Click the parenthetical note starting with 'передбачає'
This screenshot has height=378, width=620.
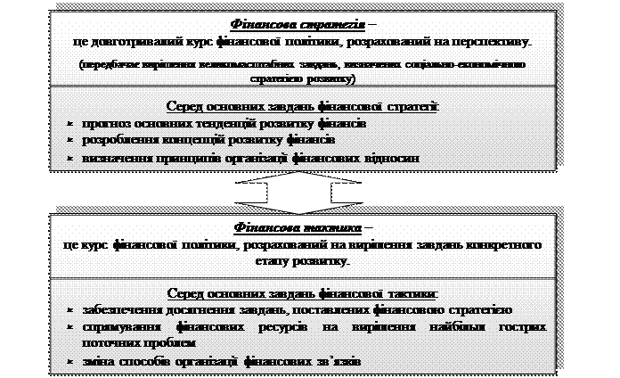(x=302, y=71)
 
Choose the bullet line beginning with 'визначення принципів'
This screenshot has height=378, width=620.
(x=250, y=159)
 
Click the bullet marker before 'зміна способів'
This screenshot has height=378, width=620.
(x=70, y=360)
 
